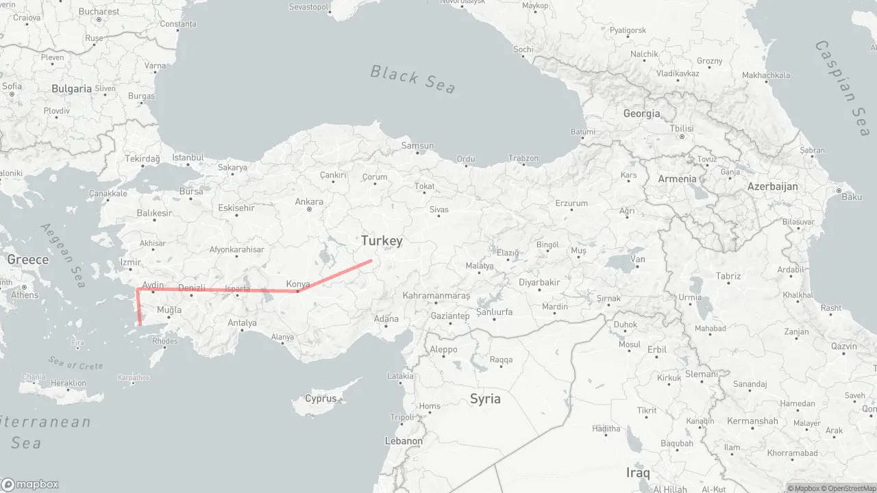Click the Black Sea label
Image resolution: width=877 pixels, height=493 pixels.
tap(412, 79)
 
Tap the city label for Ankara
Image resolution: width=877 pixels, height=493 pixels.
tap(309, 202)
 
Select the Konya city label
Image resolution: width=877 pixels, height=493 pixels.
tap(297, 284)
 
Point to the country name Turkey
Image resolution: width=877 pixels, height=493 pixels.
tap(382, 240)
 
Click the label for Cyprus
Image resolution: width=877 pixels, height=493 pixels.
tap(321, 399)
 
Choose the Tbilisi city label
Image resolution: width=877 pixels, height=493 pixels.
tap(682, 129)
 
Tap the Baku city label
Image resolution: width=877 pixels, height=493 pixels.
tap(852, 197)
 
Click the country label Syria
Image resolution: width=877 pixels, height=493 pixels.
tap(485, 399)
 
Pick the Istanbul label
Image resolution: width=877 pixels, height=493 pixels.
tap(188, 157)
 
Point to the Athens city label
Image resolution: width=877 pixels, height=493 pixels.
tap(25, 295)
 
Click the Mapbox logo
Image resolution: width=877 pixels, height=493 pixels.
tap(30, 484)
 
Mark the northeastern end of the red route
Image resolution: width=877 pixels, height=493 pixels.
tap(371, 260)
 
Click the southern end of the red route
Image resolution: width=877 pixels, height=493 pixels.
tap(140, 324)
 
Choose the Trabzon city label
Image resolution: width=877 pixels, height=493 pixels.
tap(523, 158)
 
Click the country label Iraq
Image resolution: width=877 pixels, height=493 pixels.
tap(637, 472)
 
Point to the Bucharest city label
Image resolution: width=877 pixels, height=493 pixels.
tap(99, 12)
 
